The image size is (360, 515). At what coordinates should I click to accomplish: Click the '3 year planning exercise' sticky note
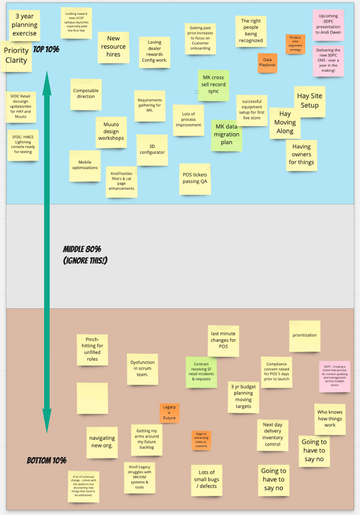pyautogui.click(x=24, y=25)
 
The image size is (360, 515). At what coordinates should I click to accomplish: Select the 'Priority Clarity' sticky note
pyautogui.click(x=17, y=56)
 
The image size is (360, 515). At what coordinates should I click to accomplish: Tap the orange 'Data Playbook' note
pyautogui.click(x=267, y=62)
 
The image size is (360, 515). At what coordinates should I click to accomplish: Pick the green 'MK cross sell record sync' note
pyautogui.click(x=213, y=85)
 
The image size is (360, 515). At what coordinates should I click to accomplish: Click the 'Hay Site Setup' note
pyautogui.click(x=309, y=101)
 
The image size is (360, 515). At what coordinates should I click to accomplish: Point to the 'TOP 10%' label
pyautogui.click(x=46, y=49)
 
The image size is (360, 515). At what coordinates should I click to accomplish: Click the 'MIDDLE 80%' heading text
pyautogui.click(x=82, y=249)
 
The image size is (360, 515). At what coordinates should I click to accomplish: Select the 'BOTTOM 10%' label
pyautogui.click(x=46, y=460)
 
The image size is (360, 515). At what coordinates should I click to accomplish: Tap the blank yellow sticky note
pyautogui.click(x=92, y=398)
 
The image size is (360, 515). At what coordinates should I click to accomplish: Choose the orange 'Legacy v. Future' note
pyautogui.click(x=169, y=413)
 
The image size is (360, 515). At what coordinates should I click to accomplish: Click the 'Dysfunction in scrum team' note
pyautogui.click(x=143, y=369)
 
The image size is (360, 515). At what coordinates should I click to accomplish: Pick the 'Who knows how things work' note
pyautogui.click(x=330, y=419)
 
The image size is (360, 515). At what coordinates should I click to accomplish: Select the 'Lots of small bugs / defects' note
pyautogui.click(x=206, y=480)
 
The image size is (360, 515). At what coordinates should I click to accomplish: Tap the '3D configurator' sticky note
pyautogui.click(x=152, y=149)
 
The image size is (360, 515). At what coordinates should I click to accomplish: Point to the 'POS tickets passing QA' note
pyautogui.click(x=194, y=178)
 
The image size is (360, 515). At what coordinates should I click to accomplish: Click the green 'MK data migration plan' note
pyautogui.click(x=227, y=135)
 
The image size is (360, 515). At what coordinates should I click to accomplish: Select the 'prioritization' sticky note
pyautogui.click(x=304, y=336)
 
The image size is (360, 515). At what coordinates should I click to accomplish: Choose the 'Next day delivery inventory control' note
pyautogui.click(x=273, y=435)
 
